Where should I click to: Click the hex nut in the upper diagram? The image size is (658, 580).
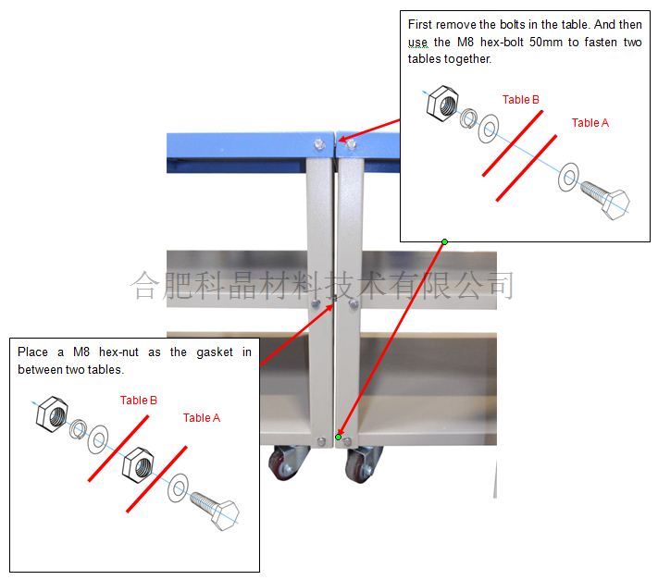pos(442,104)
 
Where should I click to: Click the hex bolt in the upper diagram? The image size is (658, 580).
pos(605,198)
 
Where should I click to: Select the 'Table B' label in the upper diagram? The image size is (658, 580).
pos(521,99)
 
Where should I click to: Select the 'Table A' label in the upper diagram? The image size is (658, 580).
pos(590,122)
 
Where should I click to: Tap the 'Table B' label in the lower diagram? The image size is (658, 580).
pos(139,401)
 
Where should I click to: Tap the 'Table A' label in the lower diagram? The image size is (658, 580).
pos(202,418)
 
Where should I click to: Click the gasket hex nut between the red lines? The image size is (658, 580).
pos(138,465)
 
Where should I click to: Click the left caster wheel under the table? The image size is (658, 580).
pos(284,463)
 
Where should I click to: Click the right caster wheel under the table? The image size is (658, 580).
pos(360,465)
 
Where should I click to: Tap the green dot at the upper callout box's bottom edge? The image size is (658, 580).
pos(444,241)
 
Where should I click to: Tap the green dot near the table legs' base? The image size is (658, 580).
pos(338,437)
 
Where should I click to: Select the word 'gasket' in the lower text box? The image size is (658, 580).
pos(215,352)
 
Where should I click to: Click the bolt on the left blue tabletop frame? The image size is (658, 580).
pos(320,144)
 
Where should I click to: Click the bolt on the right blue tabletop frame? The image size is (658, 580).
pos(352,144)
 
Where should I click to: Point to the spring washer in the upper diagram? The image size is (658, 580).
pos(468,118)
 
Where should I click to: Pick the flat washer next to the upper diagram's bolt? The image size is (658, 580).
pos(568,178)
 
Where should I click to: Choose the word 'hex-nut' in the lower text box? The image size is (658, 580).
pos(118,352)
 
